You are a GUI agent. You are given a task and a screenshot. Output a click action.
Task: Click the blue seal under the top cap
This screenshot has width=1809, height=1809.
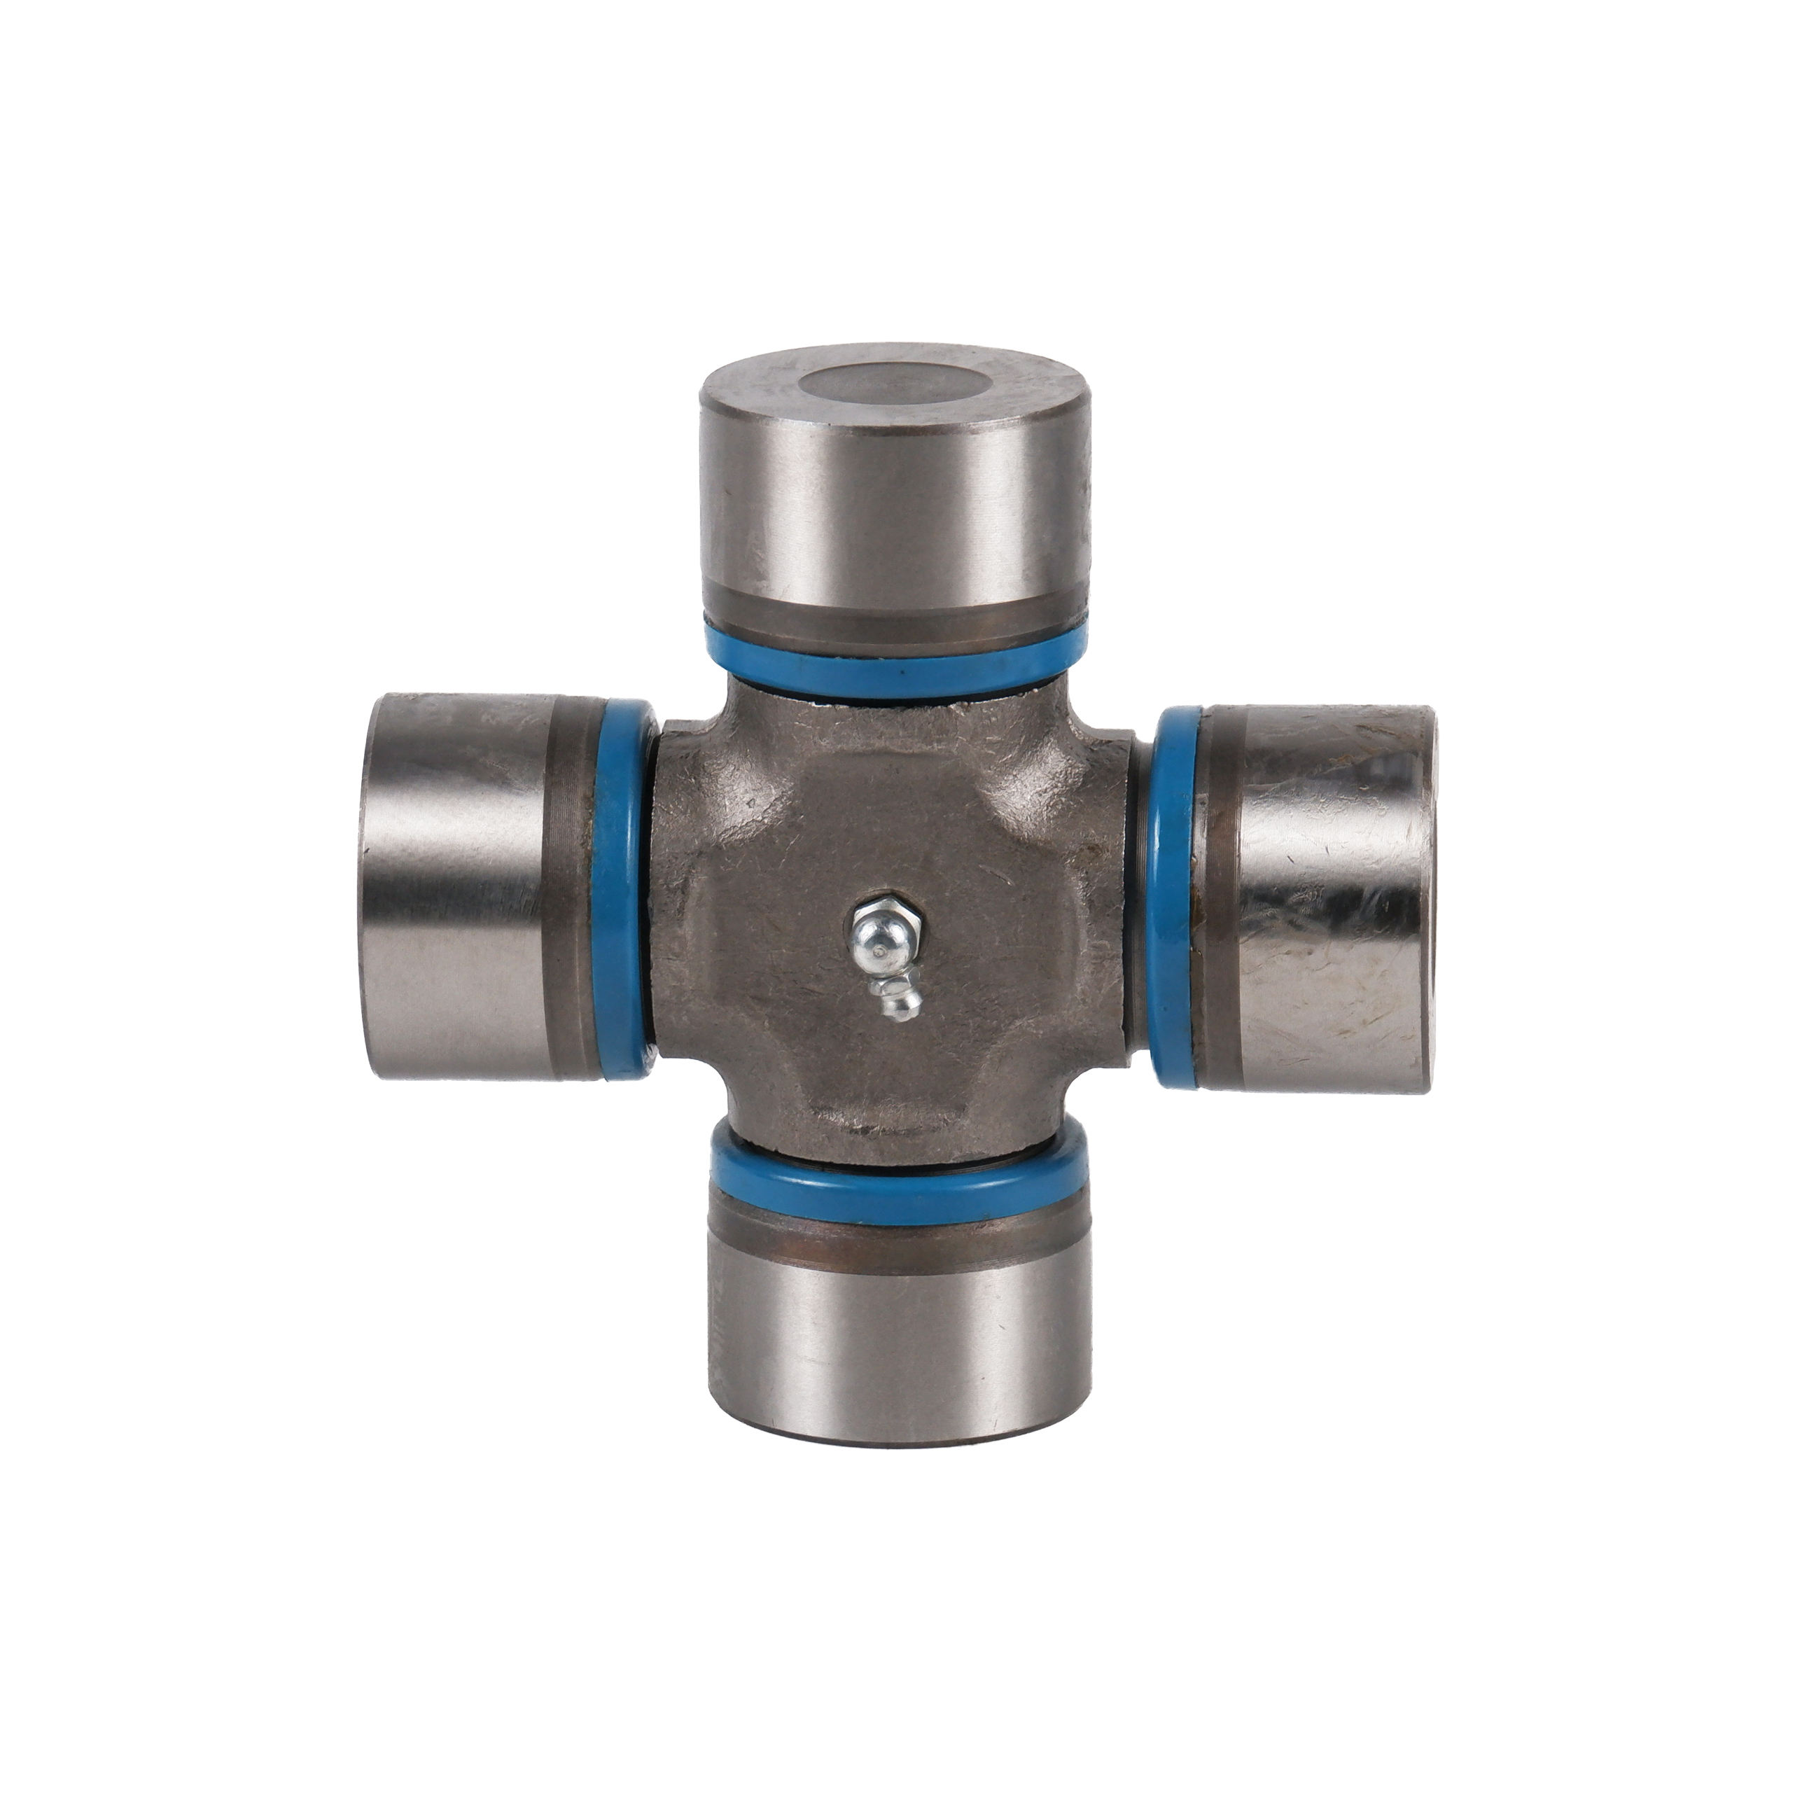[897, 666]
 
